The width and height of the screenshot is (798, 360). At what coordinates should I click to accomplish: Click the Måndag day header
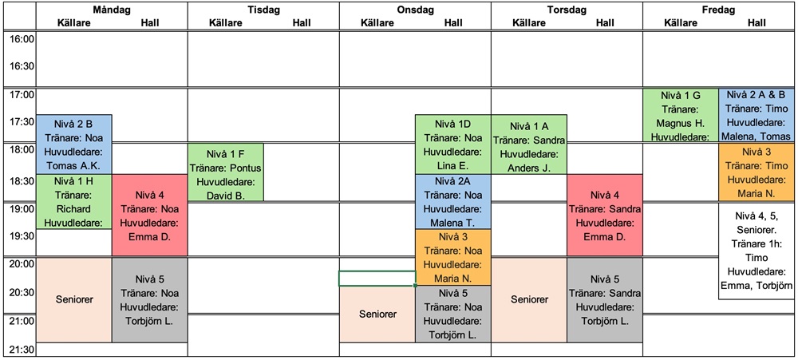pos(112,10)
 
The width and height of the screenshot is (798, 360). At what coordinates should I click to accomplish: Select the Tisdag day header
pos(263,10)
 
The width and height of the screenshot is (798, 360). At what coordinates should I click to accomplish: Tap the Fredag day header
pos(719,10)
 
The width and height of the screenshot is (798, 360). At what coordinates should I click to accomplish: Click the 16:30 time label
pos(21,66)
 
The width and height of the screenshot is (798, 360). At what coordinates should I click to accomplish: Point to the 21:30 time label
pos(21,350)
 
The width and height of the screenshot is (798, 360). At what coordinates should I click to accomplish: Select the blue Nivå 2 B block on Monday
pos(74,144)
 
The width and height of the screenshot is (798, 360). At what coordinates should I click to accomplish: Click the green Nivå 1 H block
pos(74,202)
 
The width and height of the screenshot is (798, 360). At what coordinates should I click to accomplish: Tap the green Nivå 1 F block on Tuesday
pos(226,172)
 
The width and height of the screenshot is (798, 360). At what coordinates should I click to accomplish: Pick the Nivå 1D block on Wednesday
pos(453,144)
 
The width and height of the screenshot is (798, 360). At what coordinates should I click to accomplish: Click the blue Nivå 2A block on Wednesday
pos(453,202)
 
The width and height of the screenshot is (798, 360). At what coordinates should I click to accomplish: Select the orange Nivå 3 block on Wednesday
pos(453,257)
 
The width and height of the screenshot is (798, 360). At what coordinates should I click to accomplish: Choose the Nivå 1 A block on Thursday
pos(529,144)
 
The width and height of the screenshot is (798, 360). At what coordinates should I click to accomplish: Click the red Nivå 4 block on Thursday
pos(605,216)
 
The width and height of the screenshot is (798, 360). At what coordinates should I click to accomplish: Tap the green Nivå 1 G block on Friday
pos(681,115)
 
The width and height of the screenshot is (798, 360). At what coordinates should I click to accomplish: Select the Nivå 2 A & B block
pos(757,115)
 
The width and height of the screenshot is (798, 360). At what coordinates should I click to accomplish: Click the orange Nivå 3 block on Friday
pos(757,172)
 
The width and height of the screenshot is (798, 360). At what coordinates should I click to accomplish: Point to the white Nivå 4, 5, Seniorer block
pos(757,251)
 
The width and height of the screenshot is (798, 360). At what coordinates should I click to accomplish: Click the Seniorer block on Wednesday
pos(377,314)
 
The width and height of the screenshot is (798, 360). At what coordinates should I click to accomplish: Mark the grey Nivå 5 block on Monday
pos(150,300)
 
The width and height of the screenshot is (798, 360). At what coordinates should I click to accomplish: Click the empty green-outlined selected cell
pos(377,279)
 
